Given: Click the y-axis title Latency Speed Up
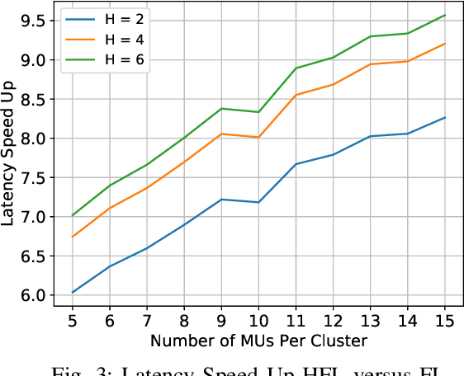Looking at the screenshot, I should click(12, 154).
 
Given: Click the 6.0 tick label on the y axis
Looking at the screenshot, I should click(32, 295).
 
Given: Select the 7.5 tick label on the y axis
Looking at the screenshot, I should click(32, 177).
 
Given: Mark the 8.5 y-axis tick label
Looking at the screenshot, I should click(32, 99).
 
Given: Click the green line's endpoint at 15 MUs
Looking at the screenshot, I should click(445, 15).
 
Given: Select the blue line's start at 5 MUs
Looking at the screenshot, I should click(73, 292).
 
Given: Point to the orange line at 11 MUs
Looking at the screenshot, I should click(296, 95).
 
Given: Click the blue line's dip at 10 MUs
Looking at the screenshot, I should click(258, 202).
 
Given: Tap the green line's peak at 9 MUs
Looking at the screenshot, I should click(221, 108).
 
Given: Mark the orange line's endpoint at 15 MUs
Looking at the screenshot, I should click(445, 44).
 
